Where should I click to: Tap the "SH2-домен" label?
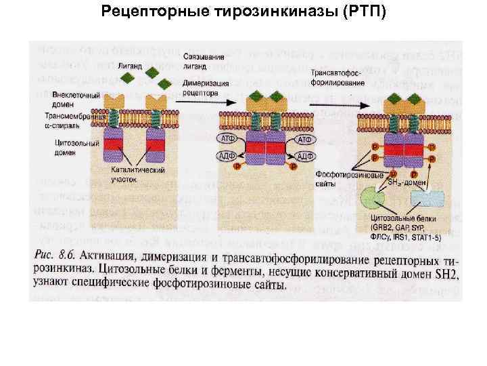pyautogui.click(x=405, y=182)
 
